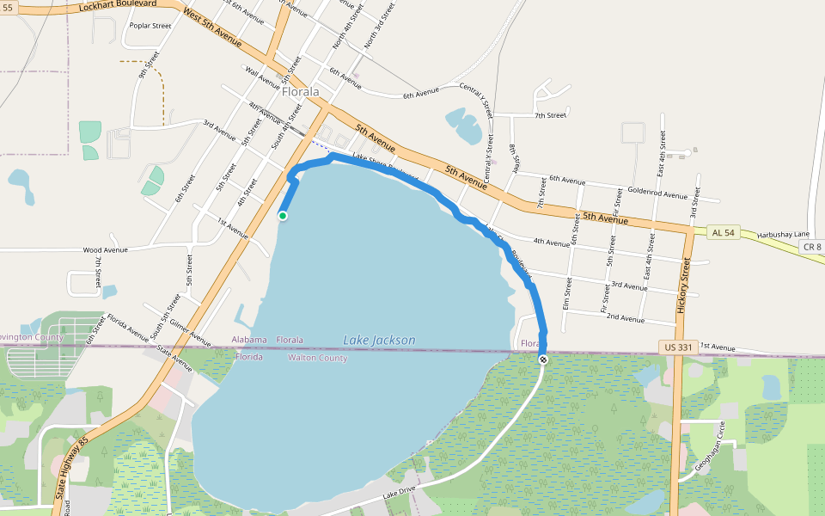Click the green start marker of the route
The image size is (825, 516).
click(282, 216)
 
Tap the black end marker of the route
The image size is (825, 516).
click(542, 359)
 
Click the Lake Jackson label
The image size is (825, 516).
click(379, 341)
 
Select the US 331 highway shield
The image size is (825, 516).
click(678, 346)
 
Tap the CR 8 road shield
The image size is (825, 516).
click(812, 247)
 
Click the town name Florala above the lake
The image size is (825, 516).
click(300, 91)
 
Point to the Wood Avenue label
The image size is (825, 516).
click(105, 250)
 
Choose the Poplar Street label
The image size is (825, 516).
click(150, 26)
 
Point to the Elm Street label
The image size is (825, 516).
click(568, 292)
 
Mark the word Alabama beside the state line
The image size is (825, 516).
click(249, 341)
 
